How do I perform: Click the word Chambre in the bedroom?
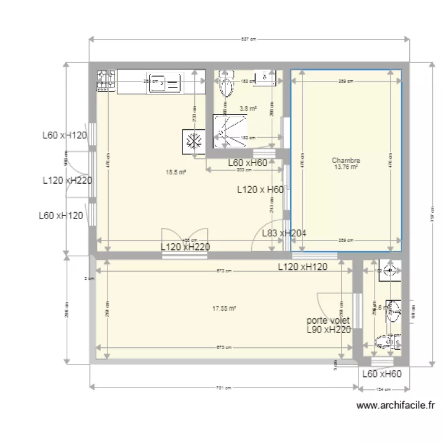[x=346, y=160]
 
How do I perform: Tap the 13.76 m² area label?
[x=346, y=167]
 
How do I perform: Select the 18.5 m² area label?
[x=175, y=172]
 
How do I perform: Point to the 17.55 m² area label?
[x=224, y=308]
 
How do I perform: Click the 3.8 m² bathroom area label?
[x=248, y=108]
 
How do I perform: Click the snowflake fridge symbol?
[x=193, y=141]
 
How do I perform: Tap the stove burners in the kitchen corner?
[x=106, y=81]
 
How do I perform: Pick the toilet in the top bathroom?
[x=225, y=85]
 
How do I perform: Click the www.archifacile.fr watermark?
[x=396, y=406]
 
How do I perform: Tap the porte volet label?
[x=328, y=320]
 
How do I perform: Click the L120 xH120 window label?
[x=311, y=267]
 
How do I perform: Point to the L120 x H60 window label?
[x=260, y=190]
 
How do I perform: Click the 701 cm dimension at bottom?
[x=223, y=388]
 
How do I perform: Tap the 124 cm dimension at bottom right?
[x=382, y=388]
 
